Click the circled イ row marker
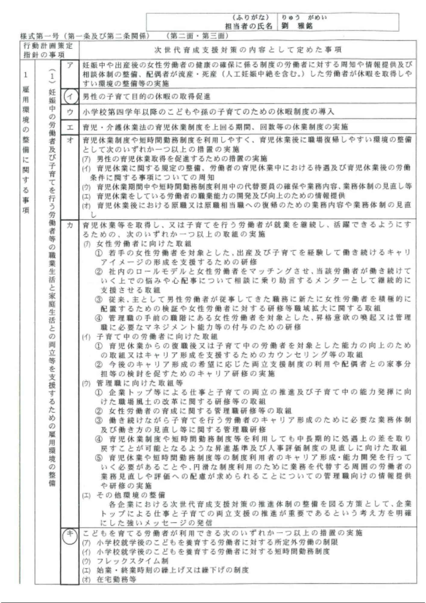70,96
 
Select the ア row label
70,65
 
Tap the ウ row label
70,112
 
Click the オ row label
70,140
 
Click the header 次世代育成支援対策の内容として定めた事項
248,50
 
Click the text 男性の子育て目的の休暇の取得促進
146,97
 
